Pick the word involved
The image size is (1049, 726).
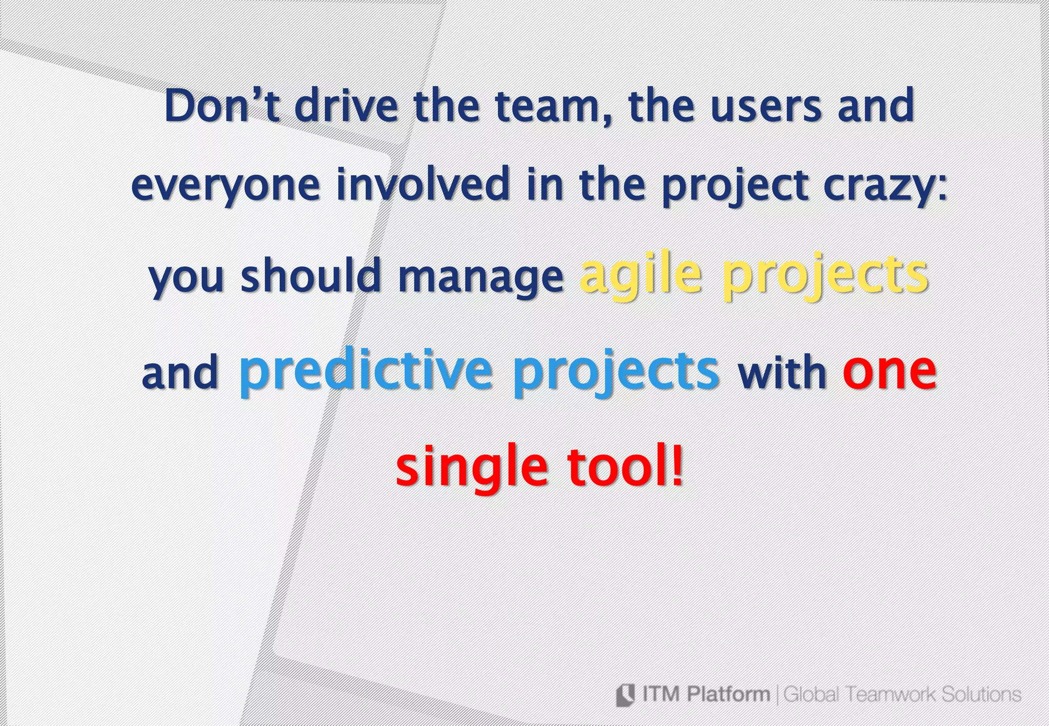point(423,184)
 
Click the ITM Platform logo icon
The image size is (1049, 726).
point(625,694)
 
